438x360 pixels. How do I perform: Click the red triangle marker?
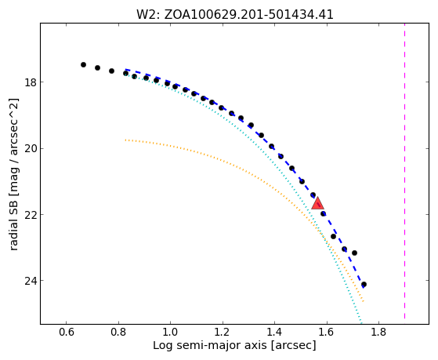[x=317, y=204]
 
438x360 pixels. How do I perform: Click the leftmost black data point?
[x=83, y=64]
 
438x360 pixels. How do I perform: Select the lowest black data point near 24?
[x=364, y=285]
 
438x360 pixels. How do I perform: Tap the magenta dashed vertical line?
[x=404, y=173]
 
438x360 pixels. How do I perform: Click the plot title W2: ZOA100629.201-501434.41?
[x=234, y=15]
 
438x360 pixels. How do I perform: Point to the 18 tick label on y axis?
[x=31, y=82]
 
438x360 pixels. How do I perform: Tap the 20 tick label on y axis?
[x=31, y=148]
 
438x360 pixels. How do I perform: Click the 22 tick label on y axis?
[x=31, y=215]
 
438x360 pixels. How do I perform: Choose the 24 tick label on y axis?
[x=31, y=281]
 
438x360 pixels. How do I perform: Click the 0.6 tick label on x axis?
[x=67, y=332]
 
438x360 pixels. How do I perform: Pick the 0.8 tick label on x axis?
[x=118, y=332]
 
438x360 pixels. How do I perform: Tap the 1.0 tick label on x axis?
[x=170, y=332]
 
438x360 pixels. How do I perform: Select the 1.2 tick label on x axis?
[x=223, y=332]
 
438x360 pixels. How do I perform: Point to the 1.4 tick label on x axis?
[x=274, y=332]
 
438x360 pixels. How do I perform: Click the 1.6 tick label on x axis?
[x=327, y=332]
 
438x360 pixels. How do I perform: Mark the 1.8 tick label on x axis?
[x=378, y=332]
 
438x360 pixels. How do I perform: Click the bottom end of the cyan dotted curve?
[x=361, y=324]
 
